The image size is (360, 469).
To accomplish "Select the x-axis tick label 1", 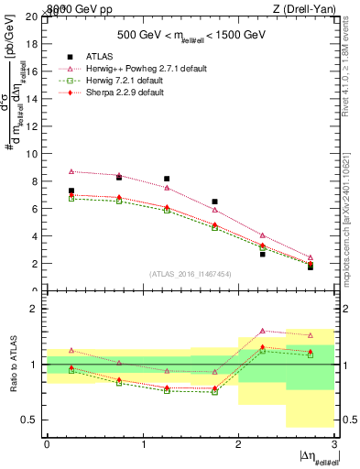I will click(x=143, y=444).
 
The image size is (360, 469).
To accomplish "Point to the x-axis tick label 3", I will click(x=334, y=444).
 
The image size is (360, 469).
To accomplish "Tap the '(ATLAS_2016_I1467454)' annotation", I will click(x=191, y=274).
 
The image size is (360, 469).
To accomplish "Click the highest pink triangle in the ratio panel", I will click(x=262, y=331).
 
